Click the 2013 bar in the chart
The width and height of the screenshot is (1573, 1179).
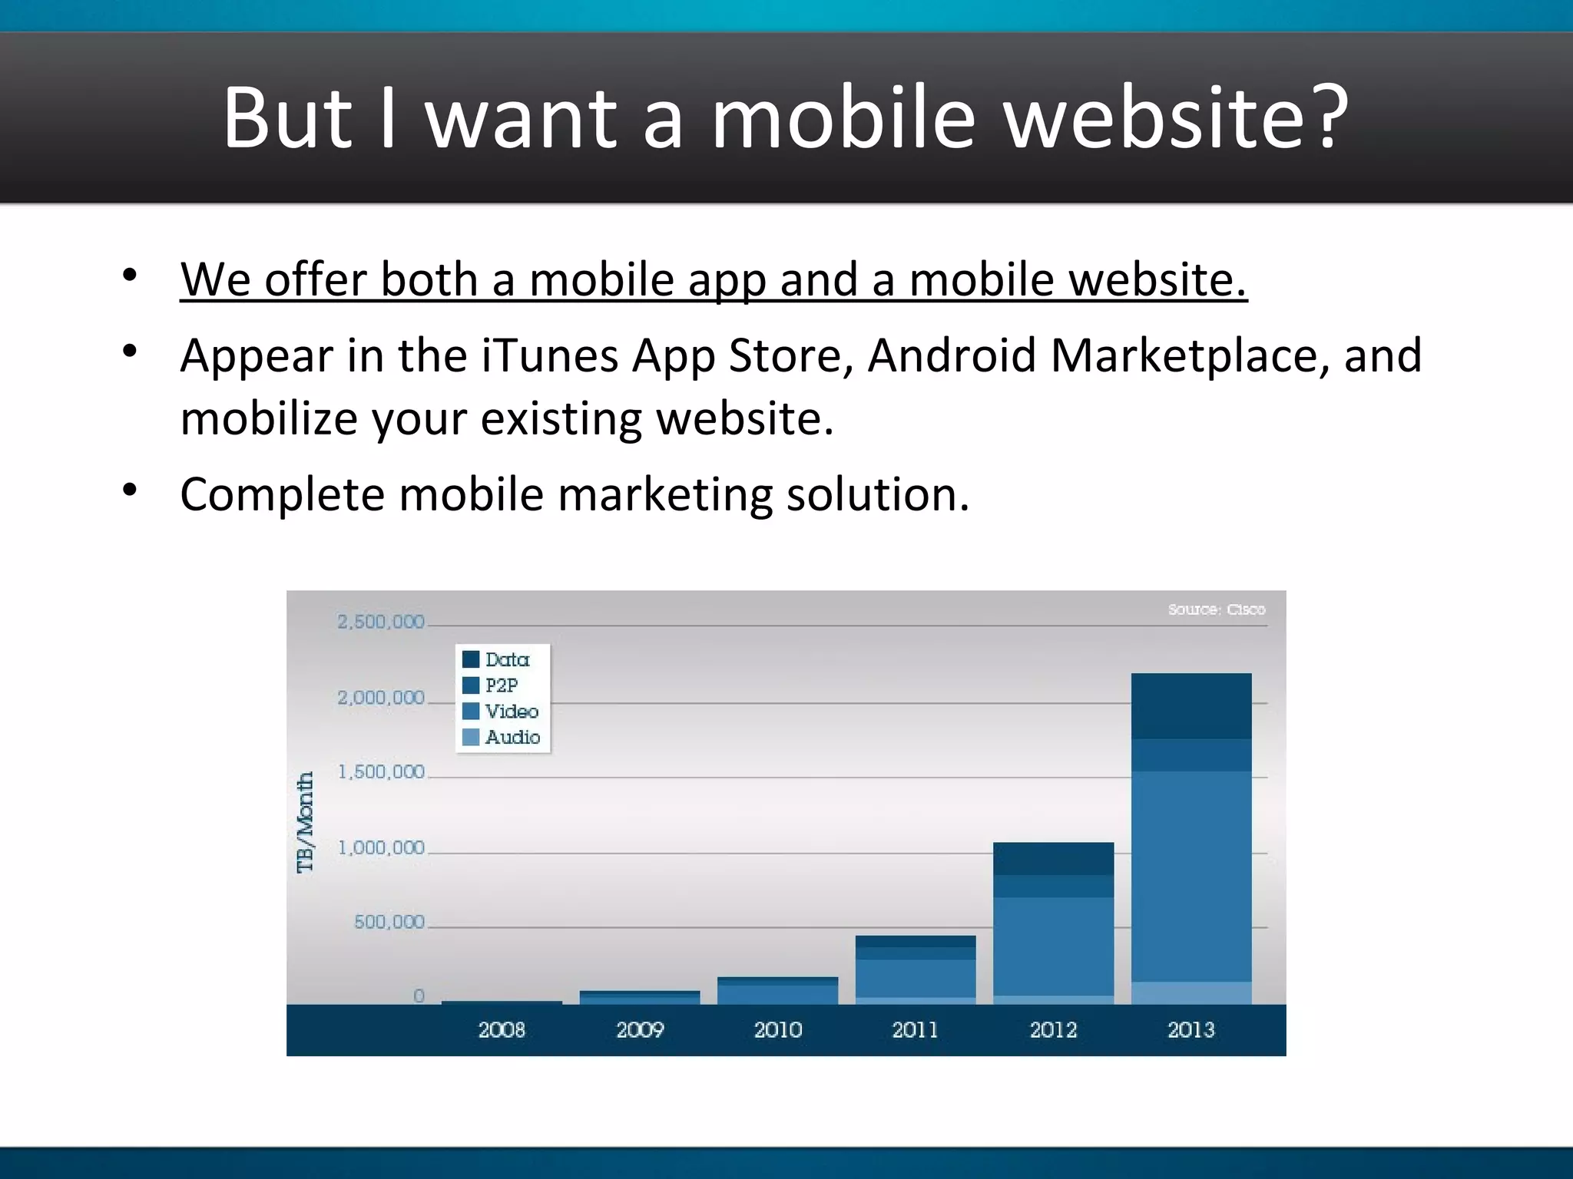point(1191,838)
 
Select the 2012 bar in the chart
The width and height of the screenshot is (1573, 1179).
point(1053,923)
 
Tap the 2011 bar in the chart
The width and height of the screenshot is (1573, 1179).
point(916,969)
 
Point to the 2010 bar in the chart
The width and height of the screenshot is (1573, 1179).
point(777,990)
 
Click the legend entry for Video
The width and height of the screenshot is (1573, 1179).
point(501,712)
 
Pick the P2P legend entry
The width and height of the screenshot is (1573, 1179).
point(491,685)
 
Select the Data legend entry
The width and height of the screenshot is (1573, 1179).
point(496,659)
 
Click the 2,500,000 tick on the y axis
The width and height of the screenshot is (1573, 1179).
point(381,622)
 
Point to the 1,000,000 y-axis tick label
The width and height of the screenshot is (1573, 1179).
point(382,848)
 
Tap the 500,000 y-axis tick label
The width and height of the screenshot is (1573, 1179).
point(389,922)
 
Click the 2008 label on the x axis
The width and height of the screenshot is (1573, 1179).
point(502,1030)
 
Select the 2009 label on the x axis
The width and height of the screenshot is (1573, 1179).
point(640,1030)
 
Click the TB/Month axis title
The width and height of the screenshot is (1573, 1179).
point(306,822)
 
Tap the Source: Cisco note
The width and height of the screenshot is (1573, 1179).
point(1217,609)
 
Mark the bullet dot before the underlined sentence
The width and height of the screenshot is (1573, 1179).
point(129,275)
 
